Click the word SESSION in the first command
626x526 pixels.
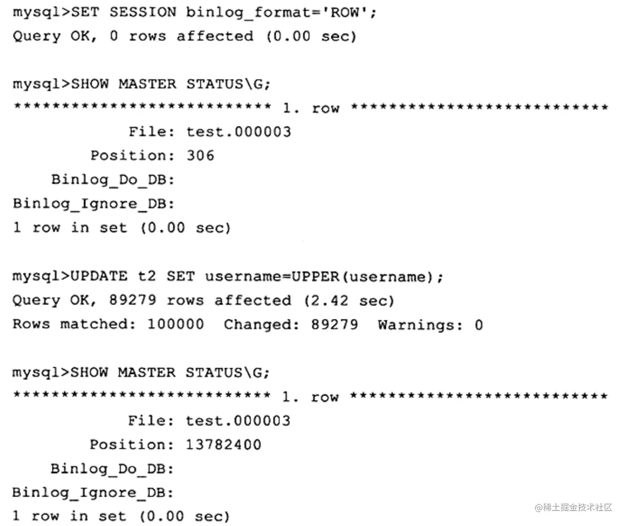[x=142, y=12]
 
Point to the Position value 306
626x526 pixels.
[x=200, y=155]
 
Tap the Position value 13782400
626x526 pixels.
[x=223, y=444]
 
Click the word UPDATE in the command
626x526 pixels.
[x=99, y=277]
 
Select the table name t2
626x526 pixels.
[x=147, y=277]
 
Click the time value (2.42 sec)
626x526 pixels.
[x=349, y=301]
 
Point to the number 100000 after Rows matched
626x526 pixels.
[x=175, y=324]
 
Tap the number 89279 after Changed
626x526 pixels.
[x=334, y=324]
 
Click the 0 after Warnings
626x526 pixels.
[x=478, y=325]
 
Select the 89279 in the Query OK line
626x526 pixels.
[x=132, y=301]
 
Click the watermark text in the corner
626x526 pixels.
[x=573, y=508]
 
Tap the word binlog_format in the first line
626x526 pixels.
[x=248, y=13]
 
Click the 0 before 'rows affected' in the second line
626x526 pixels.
[x=114, y=36]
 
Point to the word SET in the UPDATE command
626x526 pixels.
[x=181, y=277]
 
